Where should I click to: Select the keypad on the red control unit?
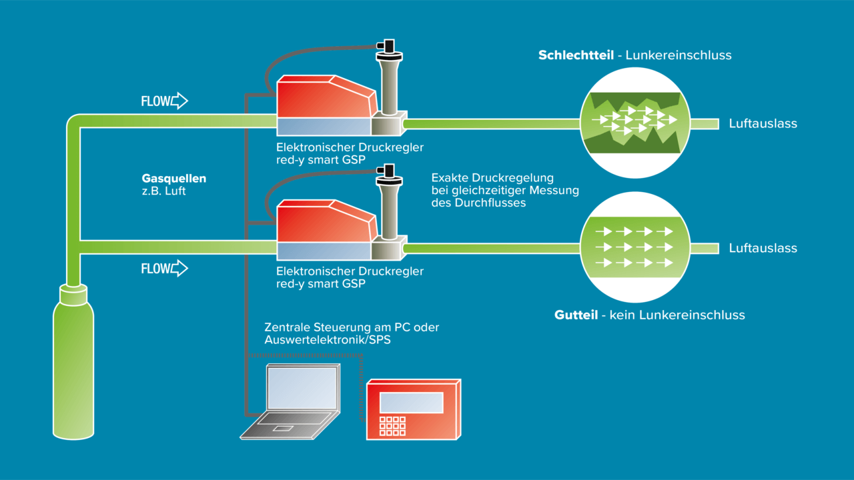392,426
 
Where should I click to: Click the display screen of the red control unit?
412,402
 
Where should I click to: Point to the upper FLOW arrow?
179,101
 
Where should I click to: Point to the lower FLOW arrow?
179,268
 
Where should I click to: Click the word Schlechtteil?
576,55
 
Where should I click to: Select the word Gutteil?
576,315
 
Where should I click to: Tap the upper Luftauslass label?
763,123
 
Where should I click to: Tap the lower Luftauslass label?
763,248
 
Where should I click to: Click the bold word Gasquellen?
174,178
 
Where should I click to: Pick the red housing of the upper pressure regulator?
327,97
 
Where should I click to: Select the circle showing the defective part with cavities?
634,123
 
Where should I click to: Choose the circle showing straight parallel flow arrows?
634,247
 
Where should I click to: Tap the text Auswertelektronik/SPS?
328,340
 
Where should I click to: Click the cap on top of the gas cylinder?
73,295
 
